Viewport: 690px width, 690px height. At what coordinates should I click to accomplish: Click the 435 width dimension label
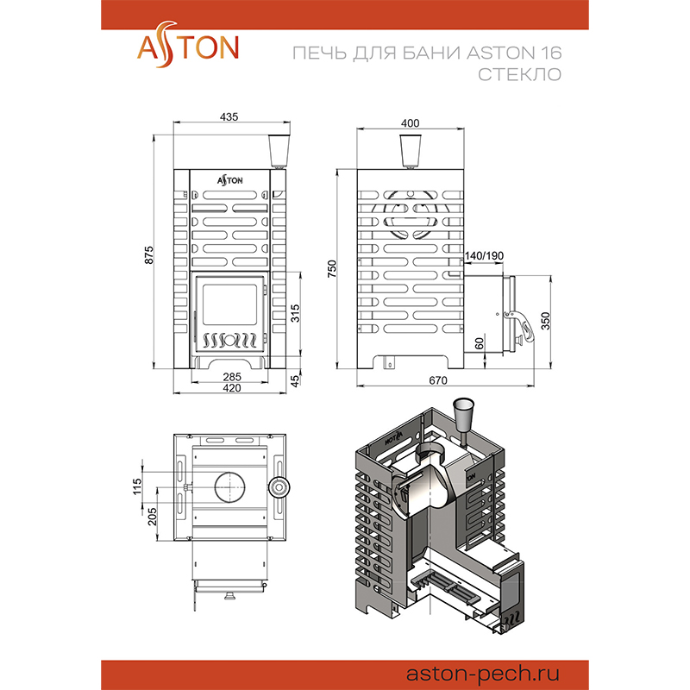pos(229,116)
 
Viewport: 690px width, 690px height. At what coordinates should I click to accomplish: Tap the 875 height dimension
pos(149,255)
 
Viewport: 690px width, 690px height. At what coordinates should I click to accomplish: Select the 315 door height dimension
pos(295,313)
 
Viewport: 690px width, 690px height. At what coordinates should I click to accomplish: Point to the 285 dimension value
pos(232,377)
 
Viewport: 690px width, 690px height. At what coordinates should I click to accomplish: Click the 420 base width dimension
pos(232,387)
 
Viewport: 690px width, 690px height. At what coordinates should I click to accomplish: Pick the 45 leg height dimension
pos(295,380)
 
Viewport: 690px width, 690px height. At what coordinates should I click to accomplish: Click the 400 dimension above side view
pos(411,123)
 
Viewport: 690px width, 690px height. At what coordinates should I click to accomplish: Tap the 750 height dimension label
pos(332,269)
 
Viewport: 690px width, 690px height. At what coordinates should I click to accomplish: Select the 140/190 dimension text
pos(484,255)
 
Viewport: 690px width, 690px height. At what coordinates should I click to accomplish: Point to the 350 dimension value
pos(545,321)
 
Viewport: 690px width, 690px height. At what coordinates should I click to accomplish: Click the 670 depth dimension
pos(438,380)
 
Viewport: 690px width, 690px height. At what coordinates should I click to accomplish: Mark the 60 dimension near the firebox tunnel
pos(480,342)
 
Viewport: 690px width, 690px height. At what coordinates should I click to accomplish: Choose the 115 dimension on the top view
pos(137,486)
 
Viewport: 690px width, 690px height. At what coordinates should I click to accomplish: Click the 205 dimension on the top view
pos(152,517)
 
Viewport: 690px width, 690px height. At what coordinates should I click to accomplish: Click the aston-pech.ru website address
pos(483,674)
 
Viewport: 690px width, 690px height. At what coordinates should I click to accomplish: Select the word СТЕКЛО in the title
pos(520,74)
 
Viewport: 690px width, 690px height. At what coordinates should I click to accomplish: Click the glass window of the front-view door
pos(229,304)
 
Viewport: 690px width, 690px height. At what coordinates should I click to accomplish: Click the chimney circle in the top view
pos(229,487)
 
